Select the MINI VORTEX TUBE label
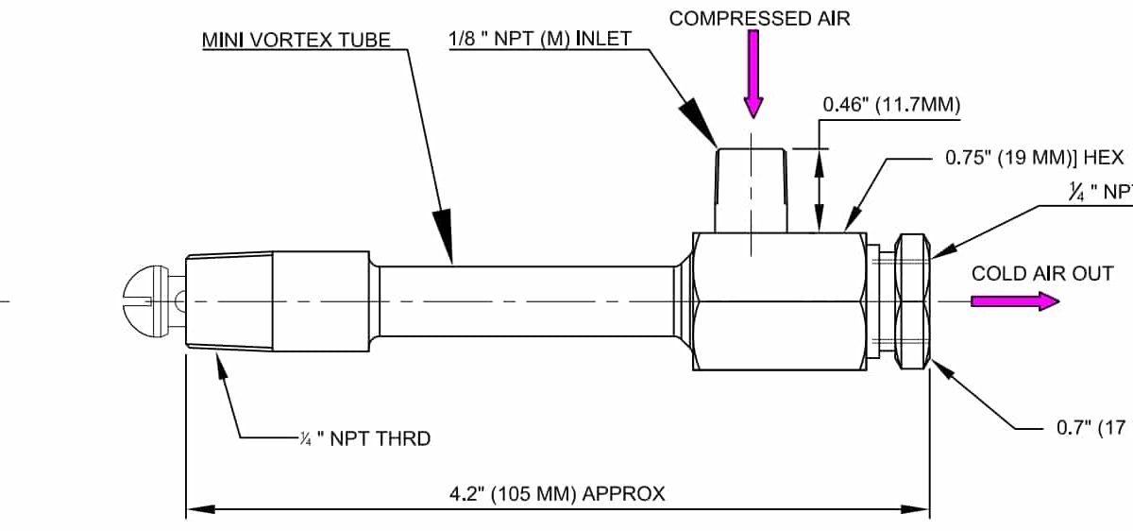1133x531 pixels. (x=296, y=42)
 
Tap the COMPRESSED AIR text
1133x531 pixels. (x=759, y=18)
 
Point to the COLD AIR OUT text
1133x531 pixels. (x=1042, y=274)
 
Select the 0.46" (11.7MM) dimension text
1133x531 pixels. (x=891, y=105)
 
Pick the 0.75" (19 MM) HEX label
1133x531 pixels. (x=1035, y=158)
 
